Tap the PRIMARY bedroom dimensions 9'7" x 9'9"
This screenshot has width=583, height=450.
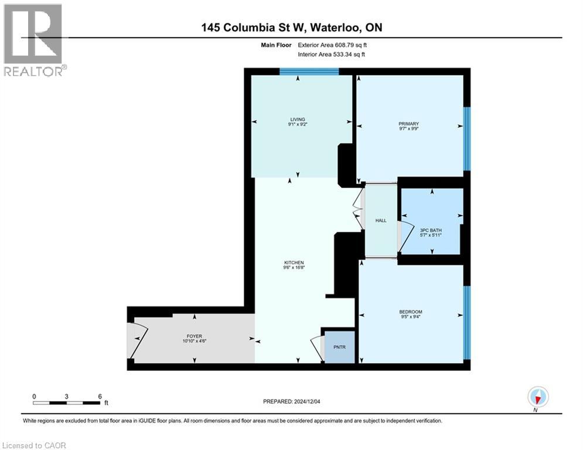(x=408, y=129)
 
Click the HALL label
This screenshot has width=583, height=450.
(x=381, y=220)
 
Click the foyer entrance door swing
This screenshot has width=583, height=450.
(x=135, y=340)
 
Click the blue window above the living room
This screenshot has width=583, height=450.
(x=309, y=72)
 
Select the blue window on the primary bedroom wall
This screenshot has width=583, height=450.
(x=466, y=139)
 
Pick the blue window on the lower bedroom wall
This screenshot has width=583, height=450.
(x=466, y=322)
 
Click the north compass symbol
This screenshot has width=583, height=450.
(x=537, y=397)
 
